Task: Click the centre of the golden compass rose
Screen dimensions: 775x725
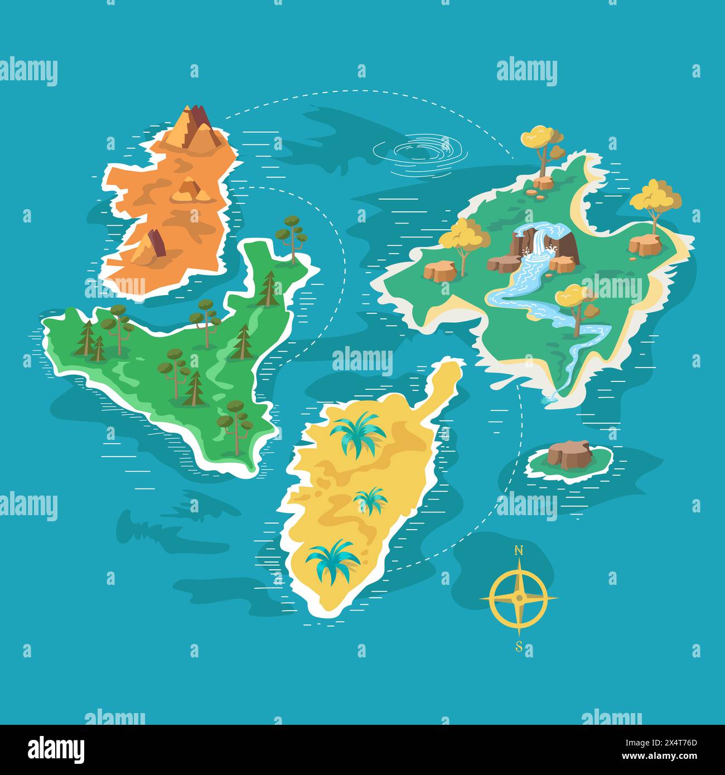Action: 519,598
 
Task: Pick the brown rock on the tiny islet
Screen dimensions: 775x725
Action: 569,453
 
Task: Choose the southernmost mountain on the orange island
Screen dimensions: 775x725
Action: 148,249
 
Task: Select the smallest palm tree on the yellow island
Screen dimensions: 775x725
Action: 371,500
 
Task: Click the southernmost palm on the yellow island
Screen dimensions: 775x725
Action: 333,560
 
